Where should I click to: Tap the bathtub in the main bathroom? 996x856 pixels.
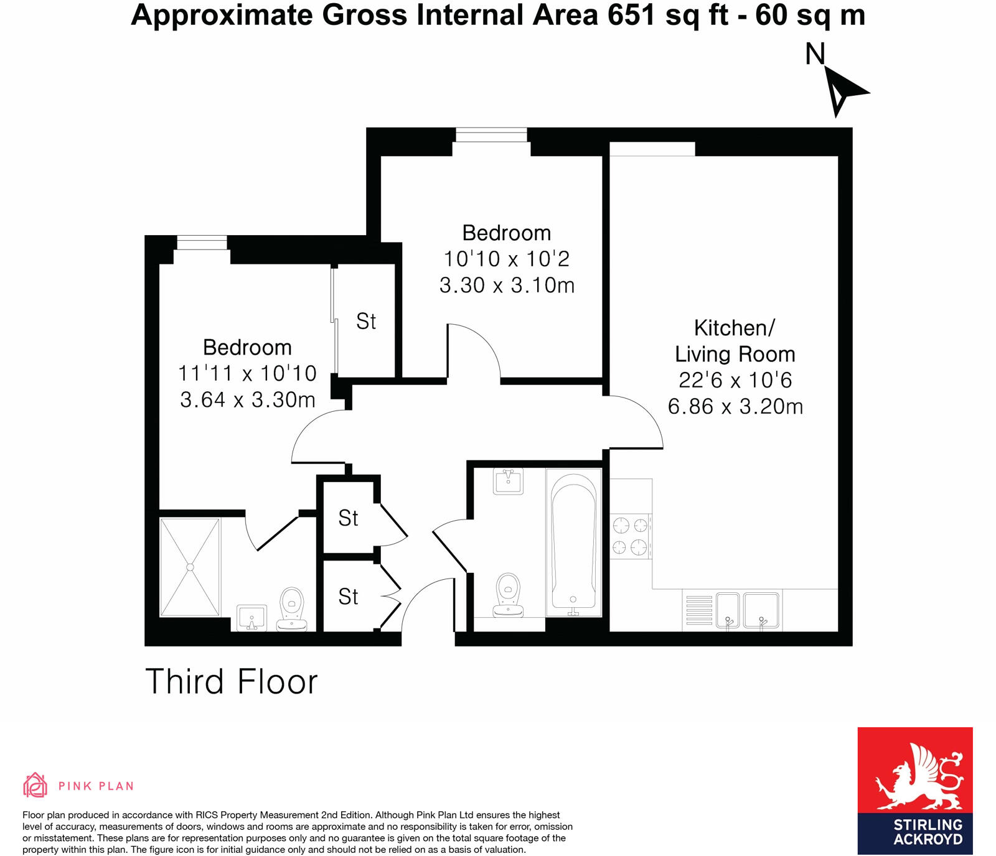[573, 542]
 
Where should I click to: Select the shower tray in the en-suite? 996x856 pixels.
[190, 567]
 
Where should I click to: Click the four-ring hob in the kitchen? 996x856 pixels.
[631, 536]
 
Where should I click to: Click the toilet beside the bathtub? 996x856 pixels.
[508, 594]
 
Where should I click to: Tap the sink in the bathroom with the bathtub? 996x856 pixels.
[508, 481]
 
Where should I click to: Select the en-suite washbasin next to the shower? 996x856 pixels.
[251, 617]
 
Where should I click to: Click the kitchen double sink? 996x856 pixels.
[747, 610]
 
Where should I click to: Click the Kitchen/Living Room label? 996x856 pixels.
[735, 340]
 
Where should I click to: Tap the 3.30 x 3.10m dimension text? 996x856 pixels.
[507, 286]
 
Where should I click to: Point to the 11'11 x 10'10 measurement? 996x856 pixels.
[247, 373]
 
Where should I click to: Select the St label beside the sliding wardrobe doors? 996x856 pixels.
[366, 322]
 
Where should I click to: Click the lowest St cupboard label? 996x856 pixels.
[348, 597]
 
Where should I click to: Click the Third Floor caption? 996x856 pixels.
[231, 682]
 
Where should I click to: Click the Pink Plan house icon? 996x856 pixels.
[35, 785]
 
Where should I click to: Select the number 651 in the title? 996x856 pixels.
[631, 15]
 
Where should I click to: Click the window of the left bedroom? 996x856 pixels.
[202, 242]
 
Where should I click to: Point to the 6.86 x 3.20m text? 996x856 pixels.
[735, 407]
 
